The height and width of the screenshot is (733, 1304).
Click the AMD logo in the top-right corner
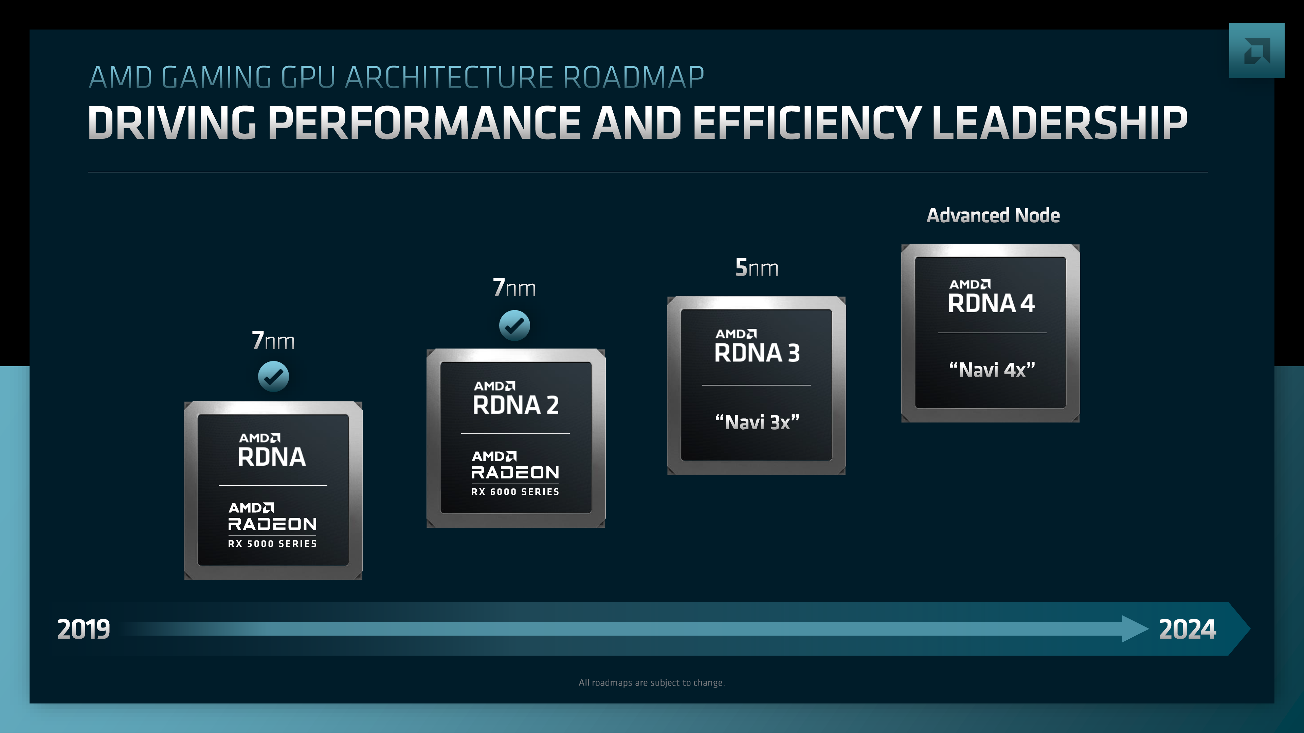coord(1256,51)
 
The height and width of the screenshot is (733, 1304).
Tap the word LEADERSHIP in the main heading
coord(1059,123)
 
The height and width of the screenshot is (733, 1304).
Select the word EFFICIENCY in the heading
coord(805,123)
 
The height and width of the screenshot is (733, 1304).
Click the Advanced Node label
coord(993,215)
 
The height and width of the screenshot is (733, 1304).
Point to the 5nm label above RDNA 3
coord(756,268)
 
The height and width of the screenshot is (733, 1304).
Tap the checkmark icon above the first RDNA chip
coord(273,376)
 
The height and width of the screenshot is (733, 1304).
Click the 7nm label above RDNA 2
coord(514,288)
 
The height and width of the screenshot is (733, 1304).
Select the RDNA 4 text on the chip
coord(991,303)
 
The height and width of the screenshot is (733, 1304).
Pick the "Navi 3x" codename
coord(757,422)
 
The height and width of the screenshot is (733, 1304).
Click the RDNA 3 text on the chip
coord(757,353)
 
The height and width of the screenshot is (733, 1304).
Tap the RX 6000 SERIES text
coord(515,492)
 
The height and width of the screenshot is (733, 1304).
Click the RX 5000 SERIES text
coord(272,544)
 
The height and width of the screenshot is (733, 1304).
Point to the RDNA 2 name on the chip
coord(515,405)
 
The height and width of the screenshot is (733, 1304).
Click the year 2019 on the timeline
coord(84,629)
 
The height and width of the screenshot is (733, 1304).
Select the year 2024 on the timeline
coord(1187,629)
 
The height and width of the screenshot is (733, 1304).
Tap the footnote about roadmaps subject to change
coord(652,683)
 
